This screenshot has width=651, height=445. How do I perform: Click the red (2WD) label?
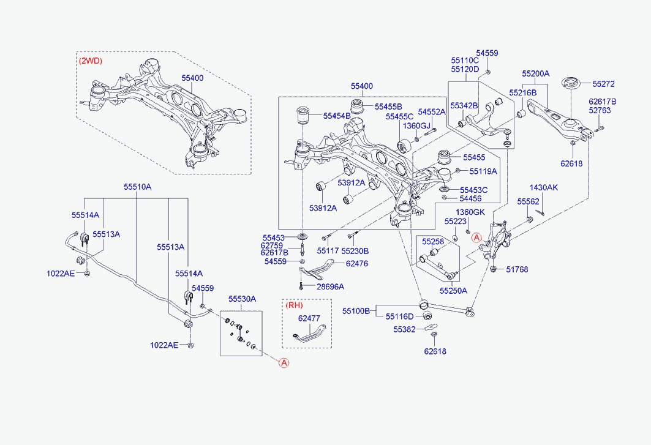tap(91, 61)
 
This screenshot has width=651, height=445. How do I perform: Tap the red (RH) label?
tap(295, 305)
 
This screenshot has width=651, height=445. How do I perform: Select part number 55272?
tap(603, 84)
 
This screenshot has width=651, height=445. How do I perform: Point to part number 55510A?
tap(137, 187)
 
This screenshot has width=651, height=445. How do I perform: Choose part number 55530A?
tap(242, 299)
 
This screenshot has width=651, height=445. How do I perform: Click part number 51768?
tap(517, 269)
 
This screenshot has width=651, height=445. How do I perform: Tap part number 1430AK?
tap(543, 188)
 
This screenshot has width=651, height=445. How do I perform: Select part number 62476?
tap(356, 264)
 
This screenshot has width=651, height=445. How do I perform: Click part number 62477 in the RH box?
tap(309, 318)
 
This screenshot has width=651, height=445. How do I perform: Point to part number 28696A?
tap(330, 287)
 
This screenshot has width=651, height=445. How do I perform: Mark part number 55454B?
tap(337, 116)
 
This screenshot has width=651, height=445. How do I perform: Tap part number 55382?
tap(404, 329)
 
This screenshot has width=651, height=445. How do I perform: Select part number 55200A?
tap(536, 74)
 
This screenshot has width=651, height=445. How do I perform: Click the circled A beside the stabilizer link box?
tap(284, 363)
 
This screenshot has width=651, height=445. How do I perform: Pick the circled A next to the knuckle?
tap(476, 238)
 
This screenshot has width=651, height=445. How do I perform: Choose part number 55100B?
tap(356, 311)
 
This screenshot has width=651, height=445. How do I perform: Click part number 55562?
tap(528, 202)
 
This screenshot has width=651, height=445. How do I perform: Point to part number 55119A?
tap(483, 171)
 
